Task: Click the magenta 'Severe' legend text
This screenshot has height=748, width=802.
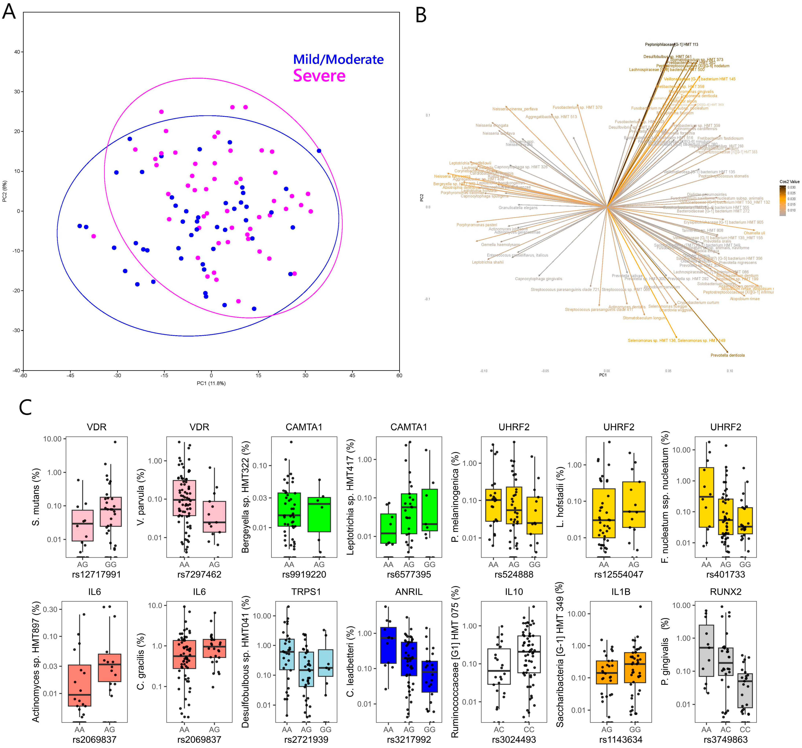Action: tap(319, 76)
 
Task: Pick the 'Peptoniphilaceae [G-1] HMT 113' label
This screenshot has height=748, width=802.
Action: tap(671, 44)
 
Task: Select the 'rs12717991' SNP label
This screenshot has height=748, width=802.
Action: tap(96, 574)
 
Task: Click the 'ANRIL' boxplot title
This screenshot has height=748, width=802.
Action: tap(409, 592)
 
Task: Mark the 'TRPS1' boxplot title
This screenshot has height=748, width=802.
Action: tap(306, 592)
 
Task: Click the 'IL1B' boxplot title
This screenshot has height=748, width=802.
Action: tap(621, 592)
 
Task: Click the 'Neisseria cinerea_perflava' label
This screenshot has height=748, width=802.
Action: tap(515, 109)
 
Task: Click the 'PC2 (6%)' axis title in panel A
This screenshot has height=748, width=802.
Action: tap(5, 191)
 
